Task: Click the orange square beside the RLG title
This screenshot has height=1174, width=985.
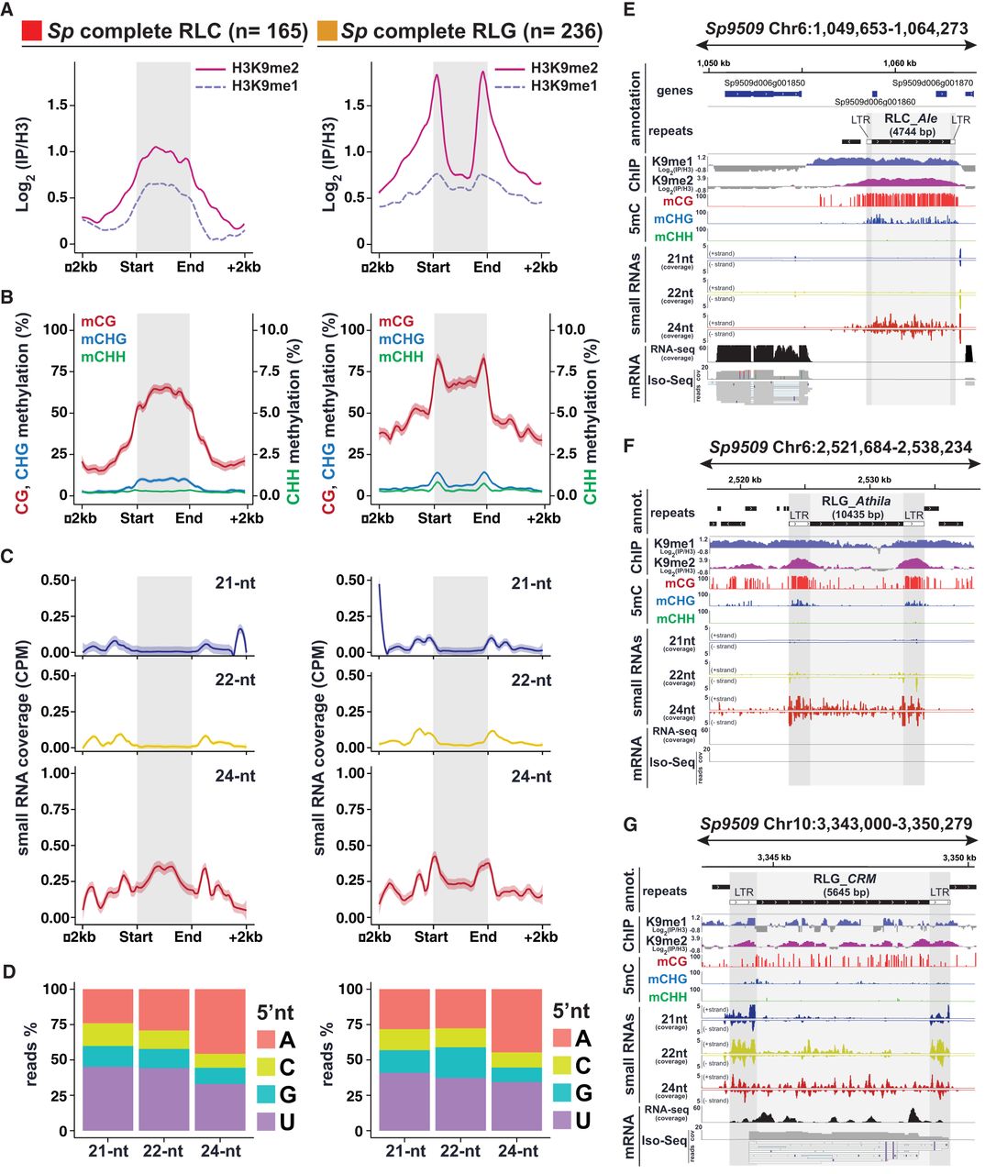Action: [x=326, y=31]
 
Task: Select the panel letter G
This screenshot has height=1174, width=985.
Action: [x=629, y=825]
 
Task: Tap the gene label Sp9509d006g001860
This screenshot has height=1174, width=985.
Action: [x=873, y=103]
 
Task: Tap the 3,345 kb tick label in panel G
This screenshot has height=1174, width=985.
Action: [x=774, y=857]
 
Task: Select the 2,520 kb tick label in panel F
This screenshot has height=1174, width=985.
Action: [x=745, y=479]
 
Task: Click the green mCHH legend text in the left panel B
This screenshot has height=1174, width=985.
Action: [x=103, y=357]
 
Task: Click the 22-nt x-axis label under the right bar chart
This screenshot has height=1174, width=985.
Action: [x=461, y=1151]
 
